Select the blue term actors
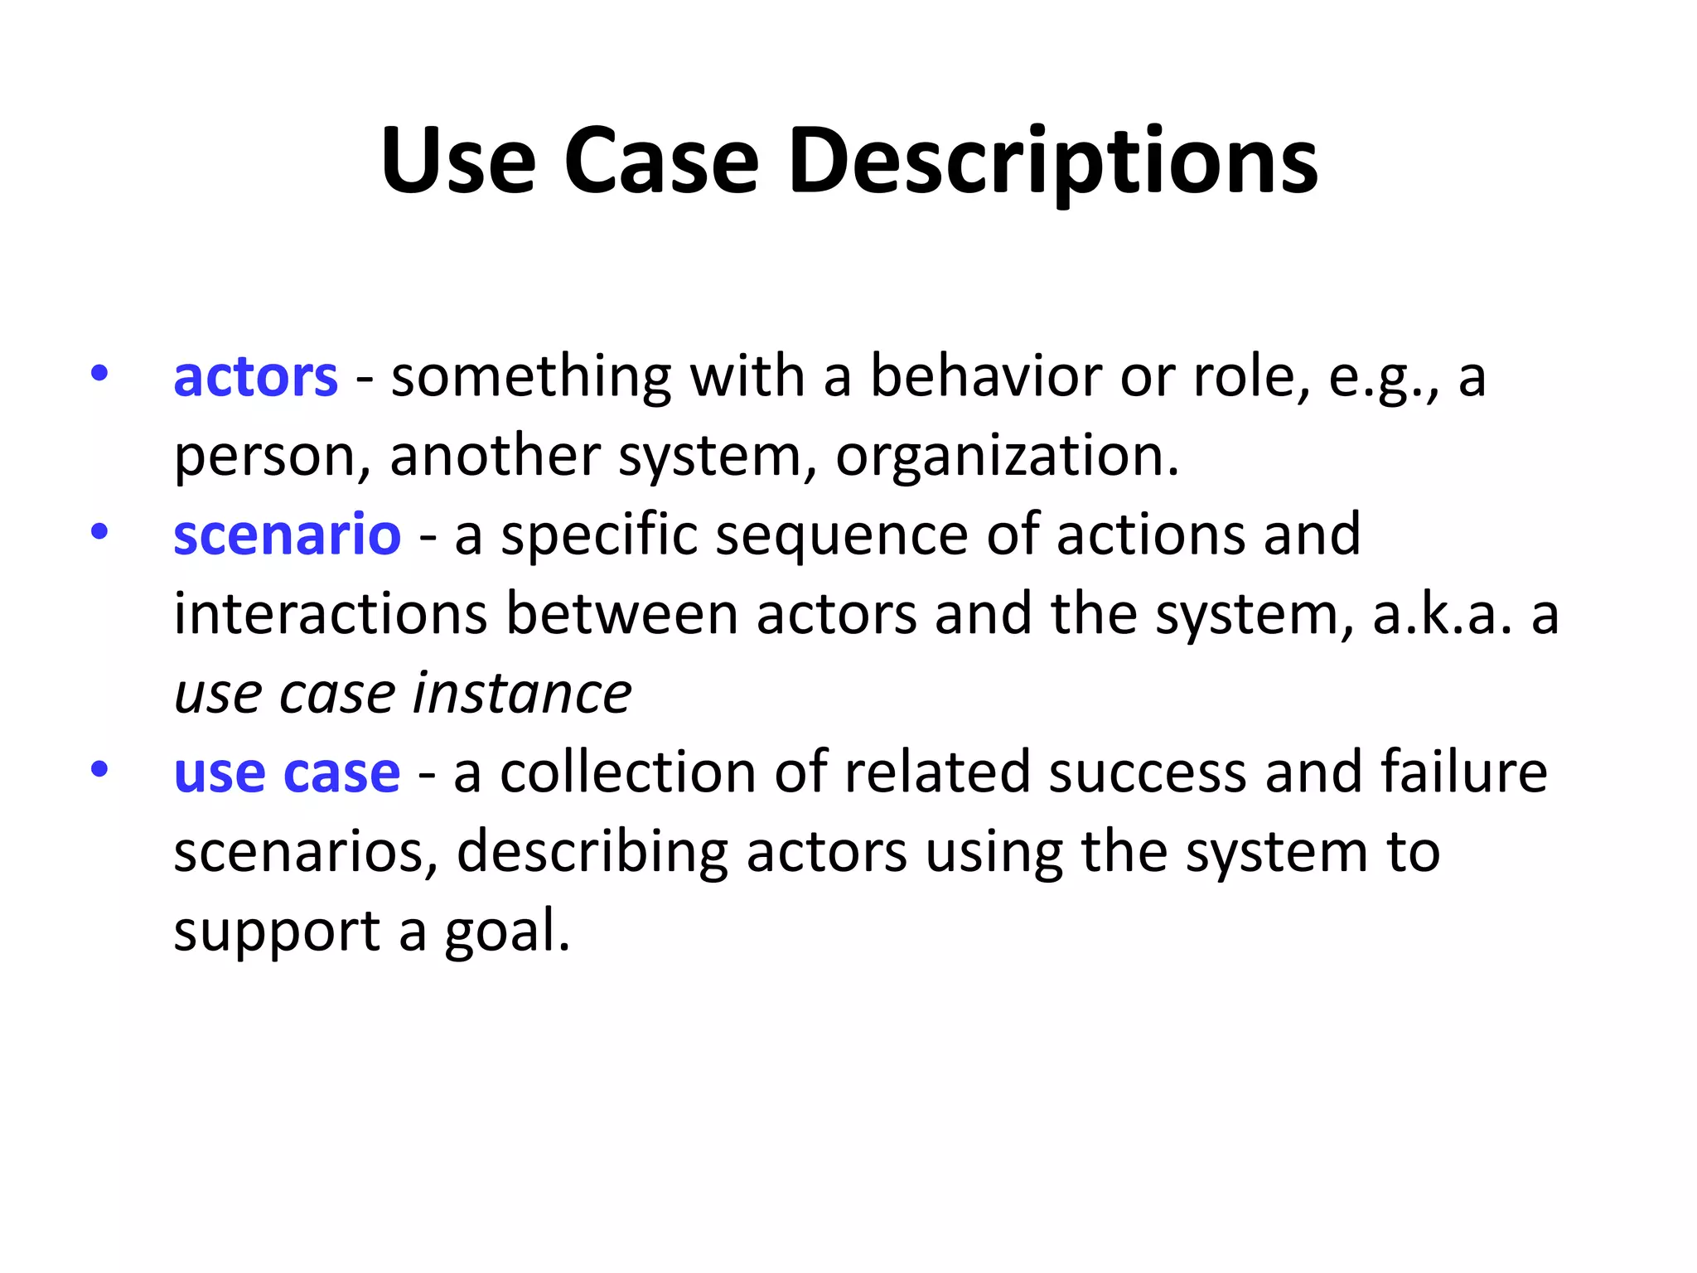pos(255,377)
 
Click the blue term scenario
pos(287,535)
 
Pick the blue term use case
pos(287,772)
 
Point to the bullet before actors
pos(99,373)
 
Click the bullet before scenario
pos(99,531)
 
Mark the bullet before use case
pos(99,769)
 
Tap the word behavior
pos(985,377)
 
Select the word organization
pos(1006,456)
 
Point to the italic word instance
pos(522,693)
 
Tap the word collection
pos(628,772)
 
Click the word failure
pos(1463,772)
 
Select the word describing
pos(592,852)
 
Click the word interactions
pos(330,615)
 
